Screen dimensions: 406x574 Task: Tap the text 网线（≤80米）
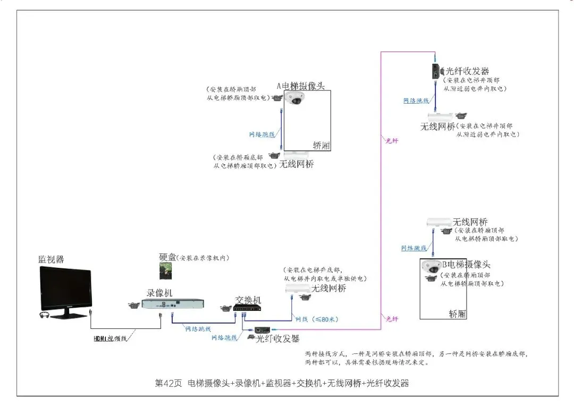317,319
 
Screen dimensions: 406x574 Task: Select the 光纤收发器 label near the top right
467,71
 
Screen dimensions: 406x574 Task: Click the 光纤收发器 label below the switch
278,338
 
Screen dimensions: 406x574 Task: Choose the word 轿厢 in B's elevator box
457,314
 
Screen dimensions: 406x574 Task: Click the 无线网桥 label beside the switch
328,289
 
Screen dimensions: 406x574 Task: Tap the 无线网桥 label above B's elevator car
470,222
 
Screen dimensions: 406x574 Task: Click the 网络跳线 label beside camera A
262,134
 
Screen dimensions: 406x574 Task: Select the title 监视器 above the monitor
50,259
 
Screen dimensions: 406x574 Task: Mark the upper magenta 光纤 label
392,140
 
